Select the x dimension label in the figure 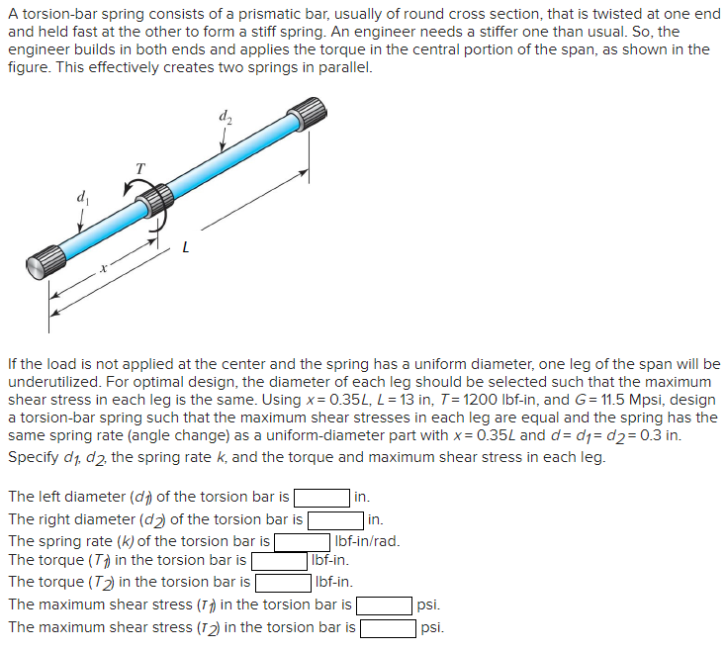click(x=101, y=268)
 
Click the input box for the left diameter click(x=320, y=497)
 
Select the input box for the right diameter click(x=336, y=518)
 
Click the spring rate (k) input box click(x=302, y=541)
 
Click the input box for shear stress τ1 click(x=385, y=604)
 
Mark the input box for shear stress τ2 click(x=388, y=627)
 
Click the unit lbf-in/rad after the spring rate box click(x=368, y=541)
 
